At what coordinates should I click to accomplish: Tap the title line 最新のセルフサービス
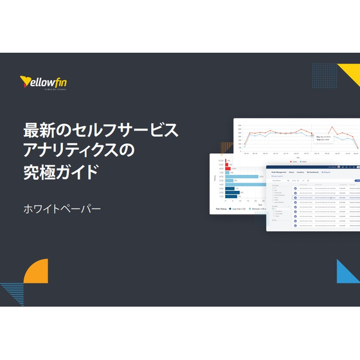click(x=100, y=130)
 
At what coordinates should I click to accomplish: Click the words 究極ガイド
click(x=61, y=173)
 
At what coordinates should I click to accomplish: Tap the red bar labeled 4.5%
click(x=228, y=168)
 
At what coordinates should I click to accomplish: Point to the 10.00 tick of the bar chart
click(x=220, y=160)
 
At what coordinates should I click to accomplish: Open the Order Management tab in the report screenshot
click(x=278, y=172)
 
